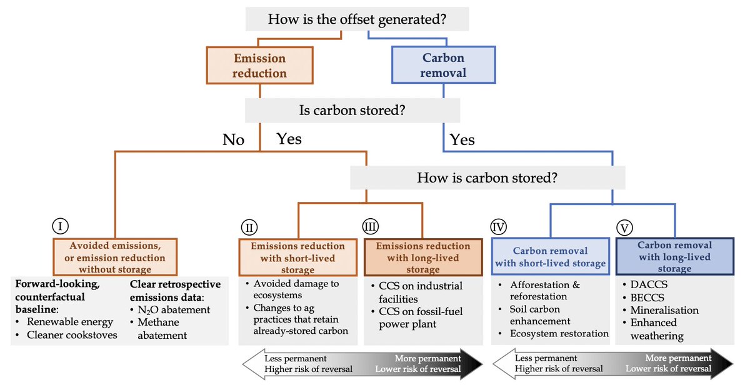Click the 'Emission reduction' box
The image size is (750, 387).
click(x=259, y=66)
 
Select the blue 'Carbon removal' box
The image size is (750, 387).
click(x=443, y=65)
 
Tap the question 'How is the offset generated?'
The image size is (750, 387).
click(x=357, y=19)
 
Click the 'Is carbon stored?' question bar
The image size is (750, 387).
click(x=352, y=111)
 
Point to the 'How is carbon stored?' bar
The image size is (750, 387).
click(x=487, y=178)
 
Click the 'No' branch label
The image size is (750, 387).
click(x=233, y=139)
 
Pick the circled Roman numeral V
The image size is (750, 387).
click(x=622, y=226)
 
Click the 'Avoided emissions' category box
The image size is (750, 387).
click(x=117, y=258)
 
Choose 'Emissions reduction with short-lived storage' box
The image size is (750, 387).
click(x=297, y=258)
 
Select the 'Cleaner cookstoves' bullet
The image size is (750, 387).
click(x=72, y=335)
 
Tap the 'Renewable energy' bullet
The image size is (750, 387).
click(x=69, y=322)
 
